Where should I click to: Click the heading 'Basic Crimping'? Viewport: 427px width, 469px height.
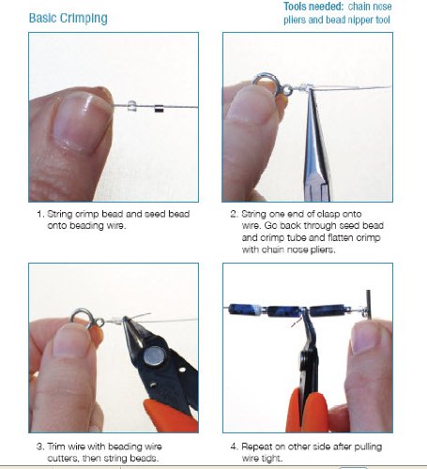tap(69, 18)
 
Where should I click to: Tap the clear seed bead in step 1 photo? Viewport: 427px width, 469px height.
tap(131, 106)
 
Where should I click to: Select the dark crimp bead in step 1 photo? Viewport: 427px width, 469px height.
tap(159, 109)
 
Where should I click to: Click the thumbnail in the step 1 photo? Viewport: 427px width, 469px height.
tap(82, 124)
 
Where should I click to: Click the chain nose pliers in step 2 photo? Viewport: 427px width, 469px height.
tap(316, 147)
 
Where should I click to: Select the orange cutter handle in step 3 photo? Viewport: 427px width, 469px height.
tap(171, 416)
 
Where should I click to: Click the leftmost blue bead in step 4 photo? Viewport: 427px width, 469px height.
tap(241, 310)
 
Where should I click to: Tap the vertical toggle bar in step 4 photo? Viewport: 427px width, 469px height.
tap(369, 305)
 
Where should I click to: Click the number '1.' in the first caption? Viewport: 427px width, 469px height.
tap(39, 214)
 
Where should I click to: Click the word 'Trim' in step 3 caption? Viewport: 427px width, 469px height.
tap(56, 446)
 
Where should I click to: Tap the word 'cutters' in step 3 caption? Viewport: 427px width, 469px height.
tap(63, 459)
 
